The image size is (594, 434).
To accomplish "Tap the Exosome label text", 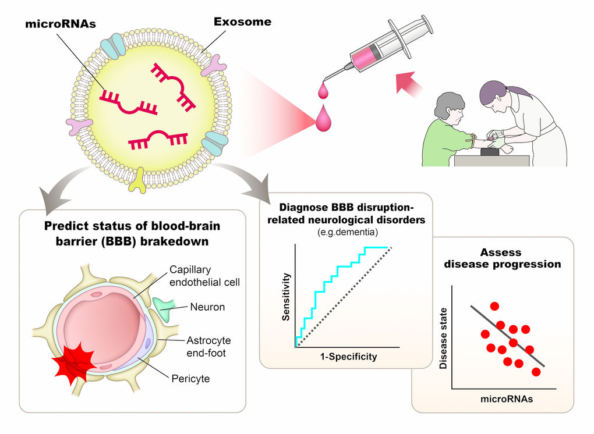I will click(242, 23).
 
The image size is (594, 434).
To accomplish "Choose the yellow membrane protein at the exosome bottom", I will click(140, 181).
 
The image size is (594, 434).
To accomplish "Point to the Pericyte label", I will click(190, 379).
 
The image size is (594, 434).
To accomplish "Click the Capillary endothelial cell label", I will click(205, 276).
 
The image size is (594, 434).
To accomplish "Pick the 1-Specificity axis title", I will click(348, 357).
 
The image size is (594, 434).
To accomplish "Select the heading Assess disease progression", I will click(502, 259).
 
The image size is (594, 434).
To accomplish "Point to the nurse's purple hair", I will click(495, 90).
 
